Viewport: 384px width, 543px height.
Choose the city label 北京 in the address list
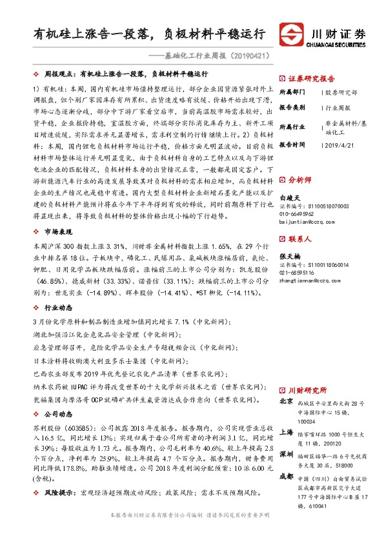click(x=287, y=402)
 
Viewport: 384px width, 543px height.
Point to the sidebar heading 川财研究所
click(x=308, y=391)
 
